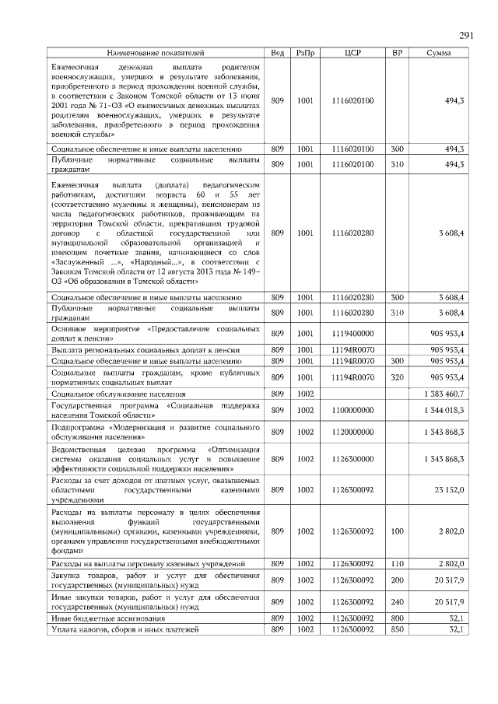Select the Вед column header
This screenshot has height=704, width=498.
click(x=277, y=54)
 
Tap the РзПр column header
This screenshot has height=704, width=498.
click(x=305, y=54)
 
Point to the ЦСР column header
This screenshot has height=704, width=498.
click(x=352, y=54)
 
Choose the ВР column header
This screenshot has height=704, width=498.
click(x=397, y=54)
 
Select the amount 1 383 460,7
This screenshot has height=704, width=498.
click(x=442, y=394)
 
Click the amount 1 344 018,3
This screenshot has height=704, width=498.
click(x=442, y=410)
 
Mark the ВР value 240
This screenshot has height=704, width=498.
click(x=397, y=601)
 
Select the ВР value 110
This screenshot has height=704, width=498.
click(x=397, y=562)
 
